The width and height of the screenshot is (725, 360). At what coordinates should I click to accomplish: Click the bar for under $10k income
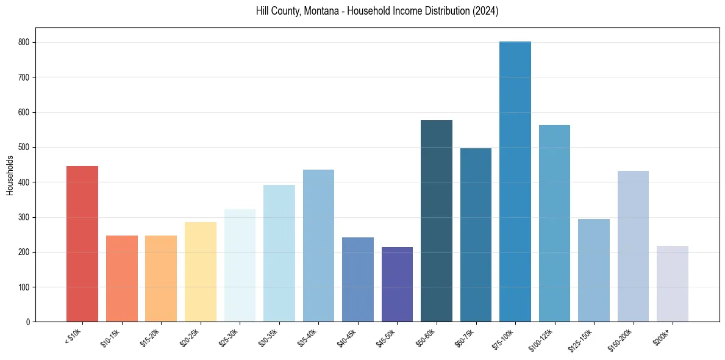pyautogui.click(x=82, y=243)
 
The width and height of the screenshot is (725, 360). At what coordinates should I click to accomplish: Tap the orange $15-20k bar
pyautogui.click(x=161, y=278)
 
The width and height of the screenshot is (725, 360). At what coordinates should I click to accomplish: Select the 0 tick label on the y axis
pyautogui.click(x=29, y=322)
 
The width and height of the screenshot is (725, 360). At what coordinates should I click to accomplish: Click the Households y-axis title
pyautogui.click(x=10, y=175)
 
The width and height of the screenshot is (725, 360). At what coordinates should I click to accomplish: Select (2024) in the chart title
pyautogui.click(x=486, y=11)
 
